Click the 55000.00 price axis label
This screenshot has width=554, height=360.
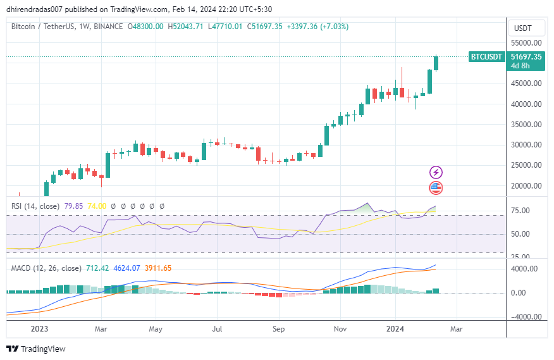tap(526, 42)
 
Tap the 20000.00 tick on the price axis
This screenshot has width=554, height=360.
tap(526, 186)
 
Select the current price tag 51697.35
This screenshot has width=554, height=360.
tap(526, 56)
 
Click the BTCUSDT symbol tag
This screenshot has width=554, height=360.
tap(486, 57)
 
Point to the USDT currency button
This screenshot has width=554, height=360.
tap(523, 28)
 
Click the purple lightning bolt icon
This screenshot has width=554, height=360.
tap(436, 172)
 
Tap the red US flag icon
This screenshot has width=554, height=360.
tap(436, 187)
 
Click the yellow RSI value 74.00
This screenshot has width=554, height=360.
tap(97, 206)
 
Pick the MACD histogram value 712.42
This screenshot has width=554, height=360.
tap(97, 268)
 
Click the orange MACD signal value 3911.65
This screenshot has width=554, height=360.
tap(158, 268)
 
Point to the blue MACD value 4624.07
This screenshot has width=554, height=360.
tap(126, 268)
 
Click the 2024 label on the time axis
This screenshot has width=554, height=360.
tap(395, 329)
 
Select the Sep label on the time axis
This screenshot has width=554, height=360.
tap(279, 329)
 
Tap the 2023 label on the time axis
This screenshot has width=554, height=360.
tap(39, 329)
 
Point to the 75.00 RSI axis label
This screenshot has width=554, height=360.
tap(523, 211)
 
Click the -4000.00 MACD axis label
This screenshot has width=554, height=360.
tap(525, 317)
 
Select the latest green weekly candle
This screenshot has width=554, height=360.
tap(436, 63)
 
